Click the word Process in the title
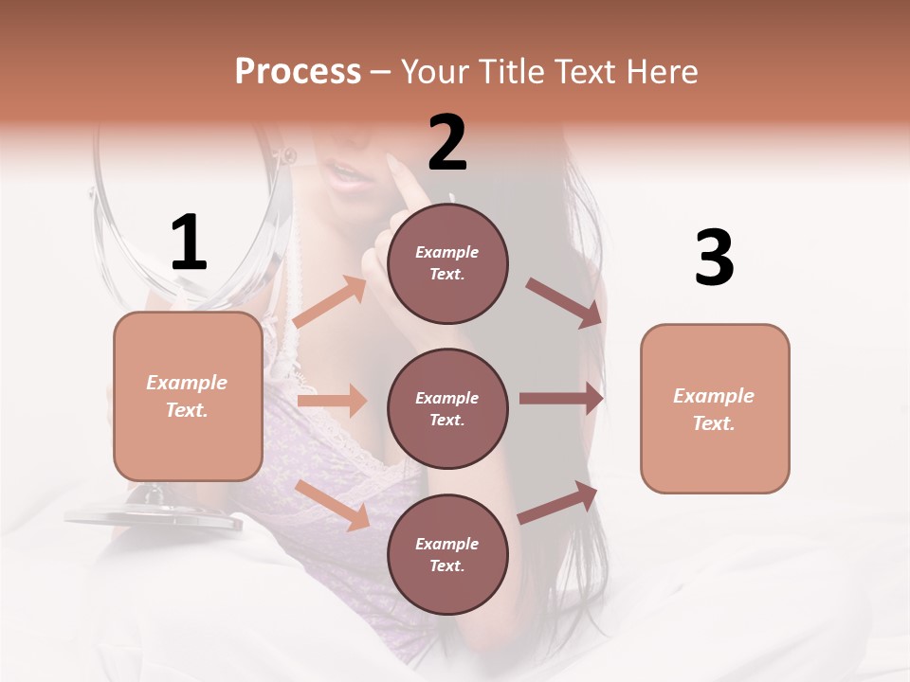pos(298,72)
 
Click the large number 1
pos(189,243)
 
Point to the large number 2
pos(447,143)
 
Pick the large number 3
pos(714,258)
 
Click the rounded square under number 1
pos(188,396)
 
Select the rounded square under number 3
pos(715,409)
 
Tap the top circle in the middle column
pos(447,263)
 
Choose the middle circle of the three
pos(447,409)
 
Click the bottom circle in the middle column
pos(447,555)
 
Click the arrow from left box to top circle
pos(330,302)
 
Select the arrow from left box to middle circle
pos(332,401)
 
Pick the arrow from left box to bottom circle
pos(333,505)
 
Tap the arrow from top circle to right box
pos(563,302)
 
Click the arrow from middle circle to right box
pos(561,399)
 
